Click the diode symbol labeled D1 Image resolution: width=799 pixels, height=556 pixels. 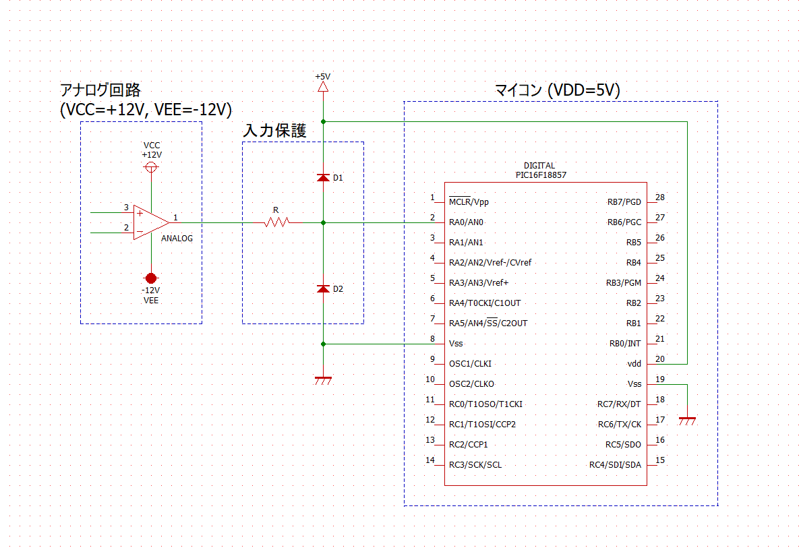323,178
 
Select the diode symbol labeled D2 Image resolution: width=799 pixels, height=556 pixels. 323,288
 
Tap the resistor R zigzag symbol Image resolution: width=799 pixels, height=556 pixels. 276,222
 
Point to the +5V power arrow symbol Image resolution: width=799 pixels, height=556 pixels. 323,86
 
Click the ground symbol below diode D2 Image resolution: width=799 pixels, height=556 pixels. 323,381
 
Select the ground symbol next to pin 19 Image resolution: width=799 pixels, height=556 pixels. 687,421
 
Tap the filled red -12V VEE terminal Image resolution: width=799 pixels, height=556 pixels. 151,278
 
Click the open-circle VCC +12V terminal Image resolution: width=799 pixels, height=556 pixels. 152,166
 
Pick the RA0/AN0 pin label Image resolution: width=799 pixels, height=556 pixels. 467,222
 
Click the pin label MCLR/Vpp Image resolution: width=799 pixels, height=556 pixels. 469,202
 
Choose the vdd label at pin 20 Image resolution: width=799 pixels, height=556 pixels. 634,364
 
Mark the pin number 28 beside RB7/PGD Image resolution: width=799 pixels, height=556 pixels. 660,197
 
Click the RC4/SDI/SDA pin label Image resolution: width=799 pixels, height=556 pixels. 615,465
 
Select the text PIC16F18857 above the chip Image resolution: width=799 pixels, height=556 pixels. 539,174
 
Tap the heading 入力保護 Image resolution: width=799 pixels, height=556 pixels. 274,131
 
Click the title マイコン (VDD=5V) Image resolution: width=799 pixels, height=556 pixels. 558,90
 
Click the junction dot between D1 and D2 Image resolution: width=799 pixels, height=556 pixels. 323,222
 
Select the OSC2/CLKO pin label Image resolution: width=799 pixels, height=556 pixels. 471,384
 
